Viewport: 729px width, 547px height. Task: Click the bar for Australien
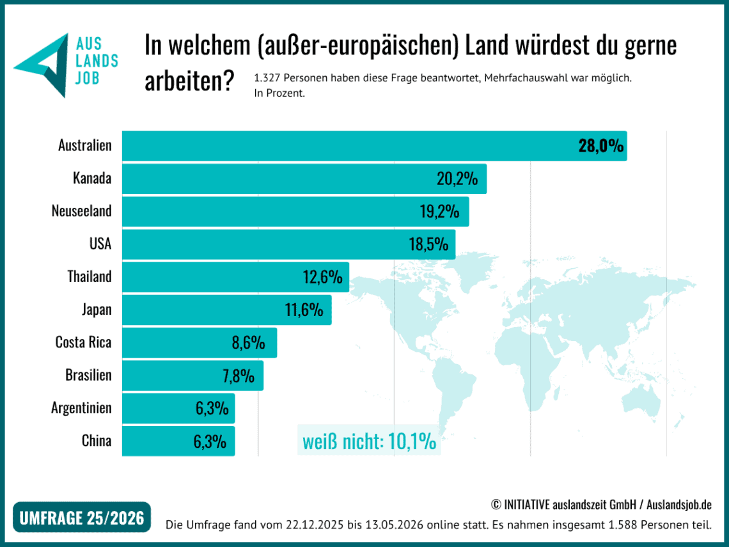tap(374, 146)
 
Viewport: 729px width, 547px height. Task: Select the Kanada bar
tap(304, 178)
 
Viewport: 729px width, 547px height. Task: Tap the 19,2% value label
tap(439, 212)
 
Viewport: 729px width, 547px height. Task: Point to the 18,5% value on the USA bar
tap(428, 244)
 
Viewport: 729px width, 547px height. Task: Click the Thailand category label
tap(90, 276)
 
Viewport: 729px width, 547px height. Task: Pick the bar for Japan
tap(227, 310)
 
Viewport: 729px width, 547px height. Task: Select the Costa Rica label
tap(83, 342)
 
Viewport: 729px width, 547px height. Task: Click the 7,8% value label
tap(239, 376)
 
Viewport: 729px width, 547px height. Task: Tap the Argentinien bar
tap(178, 408)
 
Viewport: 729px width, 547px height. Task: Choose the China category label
tap(97, 441)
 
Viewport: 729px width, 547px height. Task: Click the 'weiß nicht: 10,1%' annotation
tap(370, 441)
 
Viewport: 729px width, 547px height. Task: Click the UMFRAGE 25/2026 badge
tap(82, 517)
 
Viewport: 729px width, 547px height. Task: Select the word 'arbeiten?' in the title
tap(189, 81)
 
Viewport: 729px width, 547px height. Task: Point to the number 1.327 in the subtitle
tap(267, 77)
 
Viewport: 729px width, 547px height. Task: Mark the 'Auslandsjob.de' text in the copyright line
tap(678, 504)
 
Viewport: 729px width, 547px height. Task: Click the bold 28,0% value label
tap(600, 146)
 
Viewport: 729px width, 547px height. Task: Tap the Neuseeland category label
tap(81, 211)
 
